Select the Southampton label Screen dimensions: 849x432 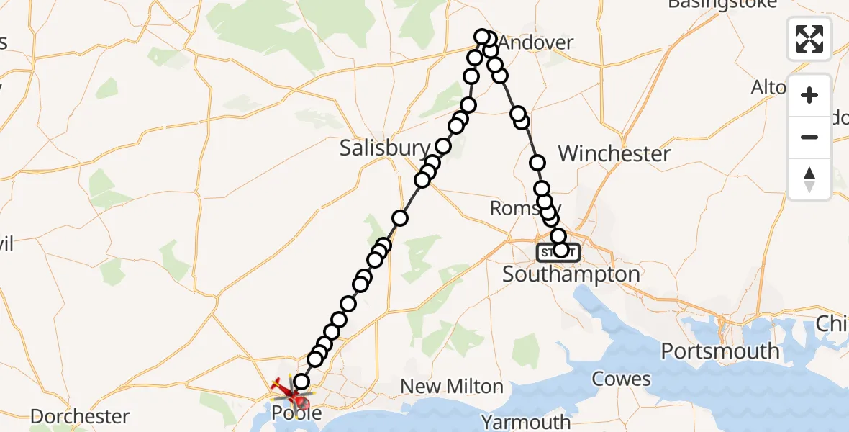click(571, 274)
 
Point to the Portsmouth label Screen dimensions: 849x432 click(719, 351)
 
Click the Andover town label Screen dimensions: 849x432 click(536, 43)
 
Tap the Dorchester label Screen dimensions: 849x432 click(80, 416)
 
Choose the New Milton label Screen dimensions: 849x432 click(451, 387)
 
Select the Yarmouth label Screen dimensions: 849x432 click(526, 421)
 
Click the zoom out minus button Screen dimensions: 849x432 click(809, 137)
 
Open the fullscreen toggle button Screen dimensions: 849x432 click(809, 38)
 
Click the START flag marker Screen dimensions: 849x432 click(557, 252)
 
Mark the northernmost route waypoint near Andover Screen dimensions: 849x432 click(482, 37)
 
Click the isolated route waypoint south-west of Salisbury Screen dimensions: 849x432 click(400, 217)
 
